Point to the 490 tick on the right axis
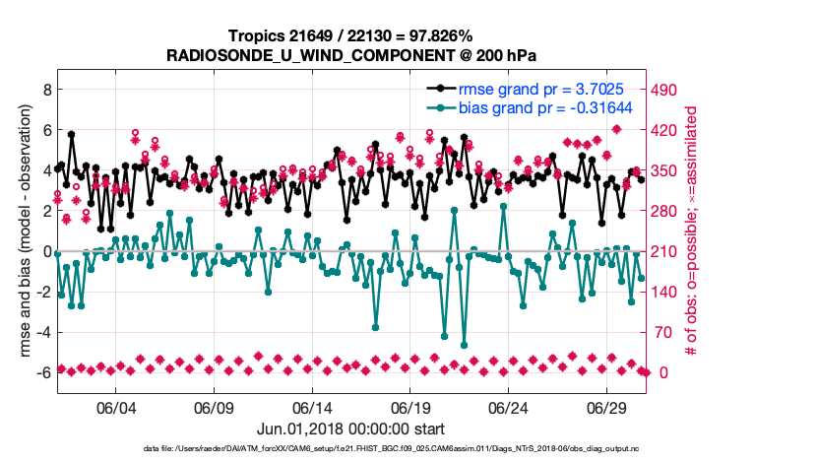click(671, 89)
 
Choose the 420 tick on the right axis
click(671, 129)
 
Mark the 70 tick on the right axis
click(667, 332)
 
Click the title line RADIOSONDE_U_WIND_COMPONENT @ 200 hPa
click(355, 55)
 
